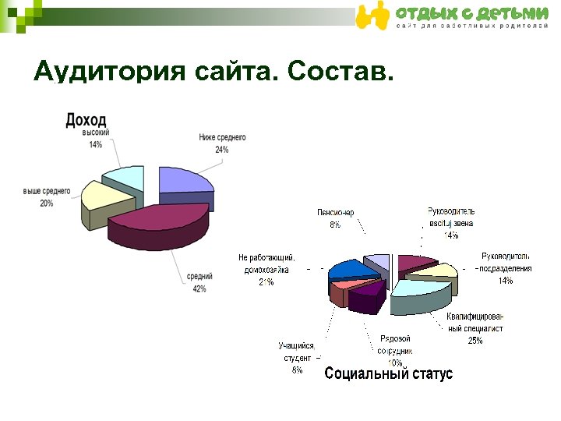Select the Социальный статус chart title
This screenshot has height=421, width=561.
click(x=388, y=374)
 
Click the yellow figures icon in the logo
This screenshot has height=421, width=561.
click(x=372, y=16)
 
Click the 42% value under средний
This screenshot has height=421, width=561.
click(x=199, y=289)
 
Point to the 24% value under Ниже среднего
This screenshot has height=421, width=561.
click(x=222, y=150)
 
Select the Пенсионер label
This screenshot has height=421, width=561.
click(x=335, y=213)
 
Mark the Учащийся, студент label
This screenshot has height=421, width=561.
click(x=297, y=352)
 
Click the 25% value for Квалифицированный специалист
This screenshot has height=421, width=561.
click(x=475, y=341)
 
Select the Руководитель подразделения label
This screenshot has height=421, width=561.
click(x=506, y=263)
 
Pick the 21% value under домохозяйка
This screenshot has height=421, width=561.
click(x=266, y=282)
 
